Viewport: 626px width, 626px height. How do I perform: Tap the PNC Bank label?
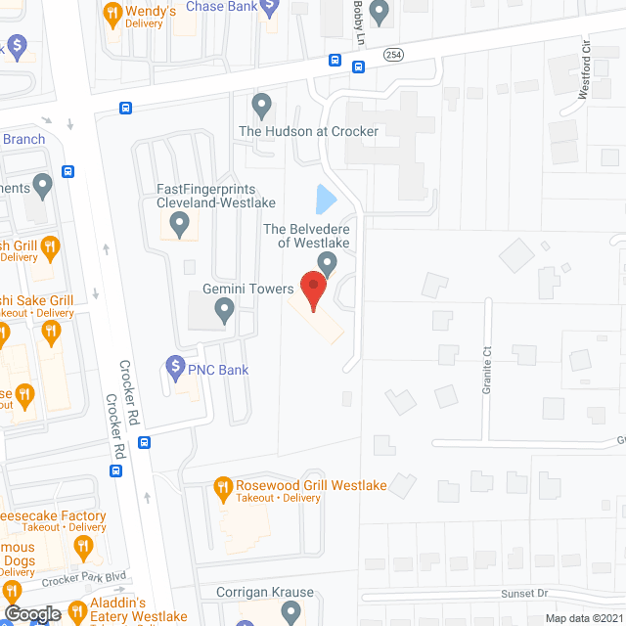tap(219, 370)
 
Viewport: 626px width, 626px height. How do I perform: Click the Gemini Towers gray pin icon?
tap(224, 311)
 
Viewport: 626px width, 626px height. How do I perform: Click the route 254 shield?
tap(393, 55)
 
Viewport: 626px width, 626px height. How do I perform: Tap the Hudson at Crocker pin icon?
tap(261, 104)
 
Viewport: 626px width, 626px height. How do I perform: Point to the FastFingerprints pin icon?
tap(179, 226)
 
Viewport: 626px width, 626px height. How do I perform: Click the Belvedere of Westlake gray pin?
tap(328, 262)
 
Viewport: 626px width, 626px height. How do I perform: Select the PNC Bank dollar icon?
tap(176, 369)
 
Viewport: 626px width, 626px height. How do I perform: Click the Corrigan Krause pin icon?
tap(290, 612)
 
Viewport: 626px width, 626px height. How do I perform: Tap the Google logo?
tap(31, 614)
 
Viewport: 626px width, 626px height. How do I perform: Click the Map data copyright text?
tap(584, 618)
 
